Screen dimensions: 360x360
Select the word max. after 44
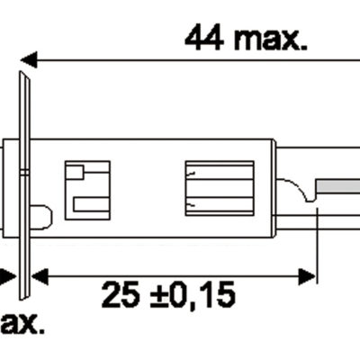(x=269, y=37)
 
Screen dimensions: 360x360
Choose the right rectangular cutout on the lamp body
(x=209, y=188)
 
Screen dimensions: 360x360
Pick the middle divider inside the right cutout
(x=209, y=188)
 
